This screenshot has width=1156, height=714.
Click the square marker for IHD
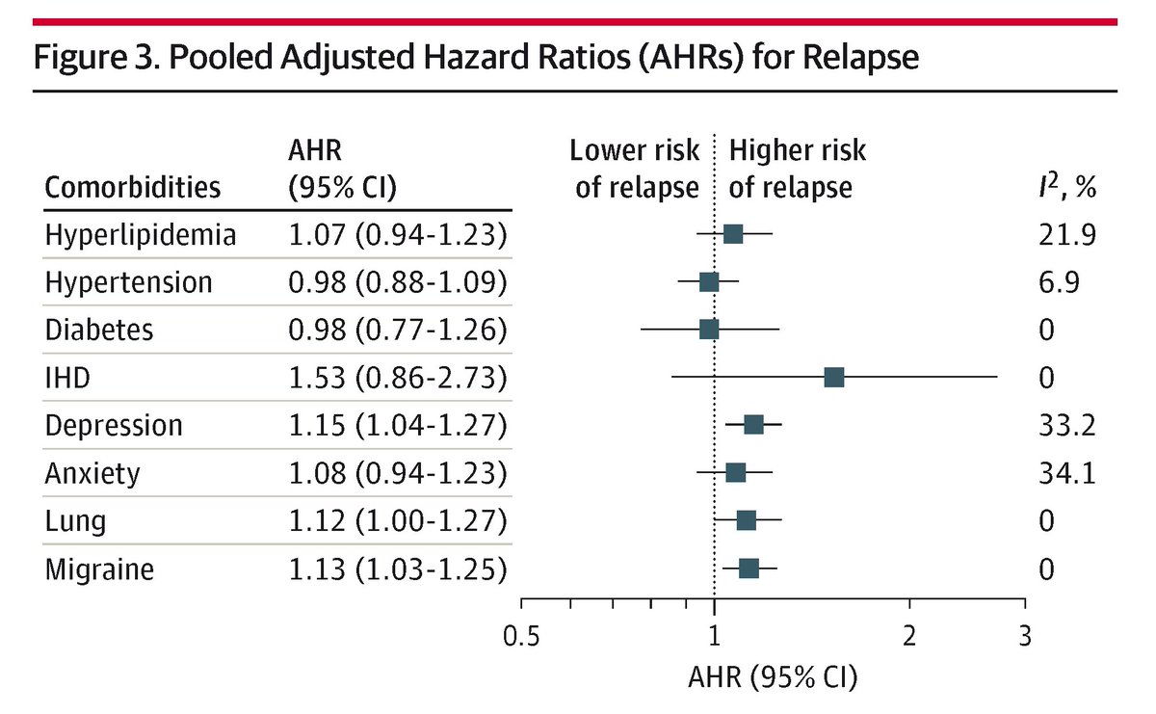coord(834,377)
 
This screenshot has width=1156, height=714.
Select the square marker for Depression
coord(753,425)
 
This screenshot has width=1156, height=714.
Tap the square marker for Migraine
coord(749,569)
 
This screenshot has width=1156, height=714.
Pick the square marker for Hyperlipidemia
coord(733,233)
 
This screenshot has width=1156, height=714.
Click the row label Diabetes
coord(99,330)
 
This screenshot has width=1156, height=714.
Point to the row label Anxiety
coord(92,473)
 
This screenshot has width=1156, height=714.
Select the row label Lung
coord(76,521)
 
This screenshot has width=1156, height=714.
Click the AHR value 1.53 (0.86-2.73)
coord(398,378)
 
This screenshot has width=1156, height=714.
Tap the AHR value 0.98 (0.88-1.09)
coord(398,282)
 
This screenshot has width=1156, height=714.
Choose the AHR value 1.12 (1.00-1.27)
coord(398,521)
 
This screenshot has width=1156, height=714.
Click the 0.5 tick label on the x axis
coord(521,638)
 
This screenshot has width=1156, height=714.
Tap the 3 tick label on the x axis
coord(1025,638)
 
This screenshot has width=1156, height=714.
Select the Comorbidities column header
coord(133,186)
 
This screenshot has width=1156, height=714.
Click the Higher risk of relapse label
coord(797,169)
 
